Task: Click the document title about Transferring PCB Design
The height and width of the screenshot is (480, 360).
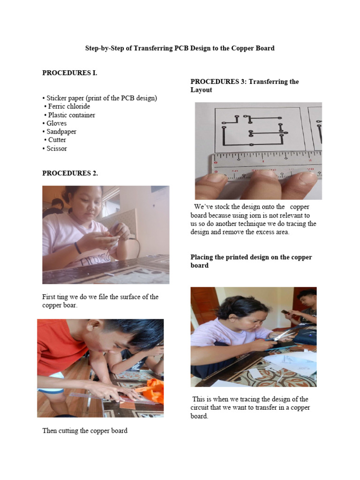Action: [180, 48]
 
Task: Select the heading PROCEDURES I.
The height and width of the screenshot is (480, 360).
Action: [70, 73]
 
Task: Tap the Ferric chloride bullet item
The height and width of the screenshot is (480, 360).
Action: [69, 106]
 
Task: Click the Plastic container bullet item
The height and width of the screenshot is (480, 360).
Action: [70, 115]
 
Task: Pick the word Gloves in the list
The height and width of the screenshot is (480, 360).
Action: [56, 123]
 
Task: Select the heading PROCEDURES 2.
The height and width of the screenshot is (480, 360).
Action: [70, 173]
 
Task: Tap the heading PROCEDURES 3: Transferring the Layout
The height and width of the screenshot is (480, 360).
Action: [244, 86]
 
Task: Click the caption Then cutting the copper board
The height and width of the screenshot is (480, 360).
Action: [85, 430]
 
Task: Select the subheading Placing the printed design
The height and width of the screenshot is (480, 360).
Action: [251, 261]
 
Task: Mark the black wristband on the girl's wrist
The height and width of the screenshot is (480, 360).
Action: [77, 247]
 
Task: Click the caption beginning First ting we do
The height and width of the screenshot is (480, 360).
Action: [100, 301]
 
